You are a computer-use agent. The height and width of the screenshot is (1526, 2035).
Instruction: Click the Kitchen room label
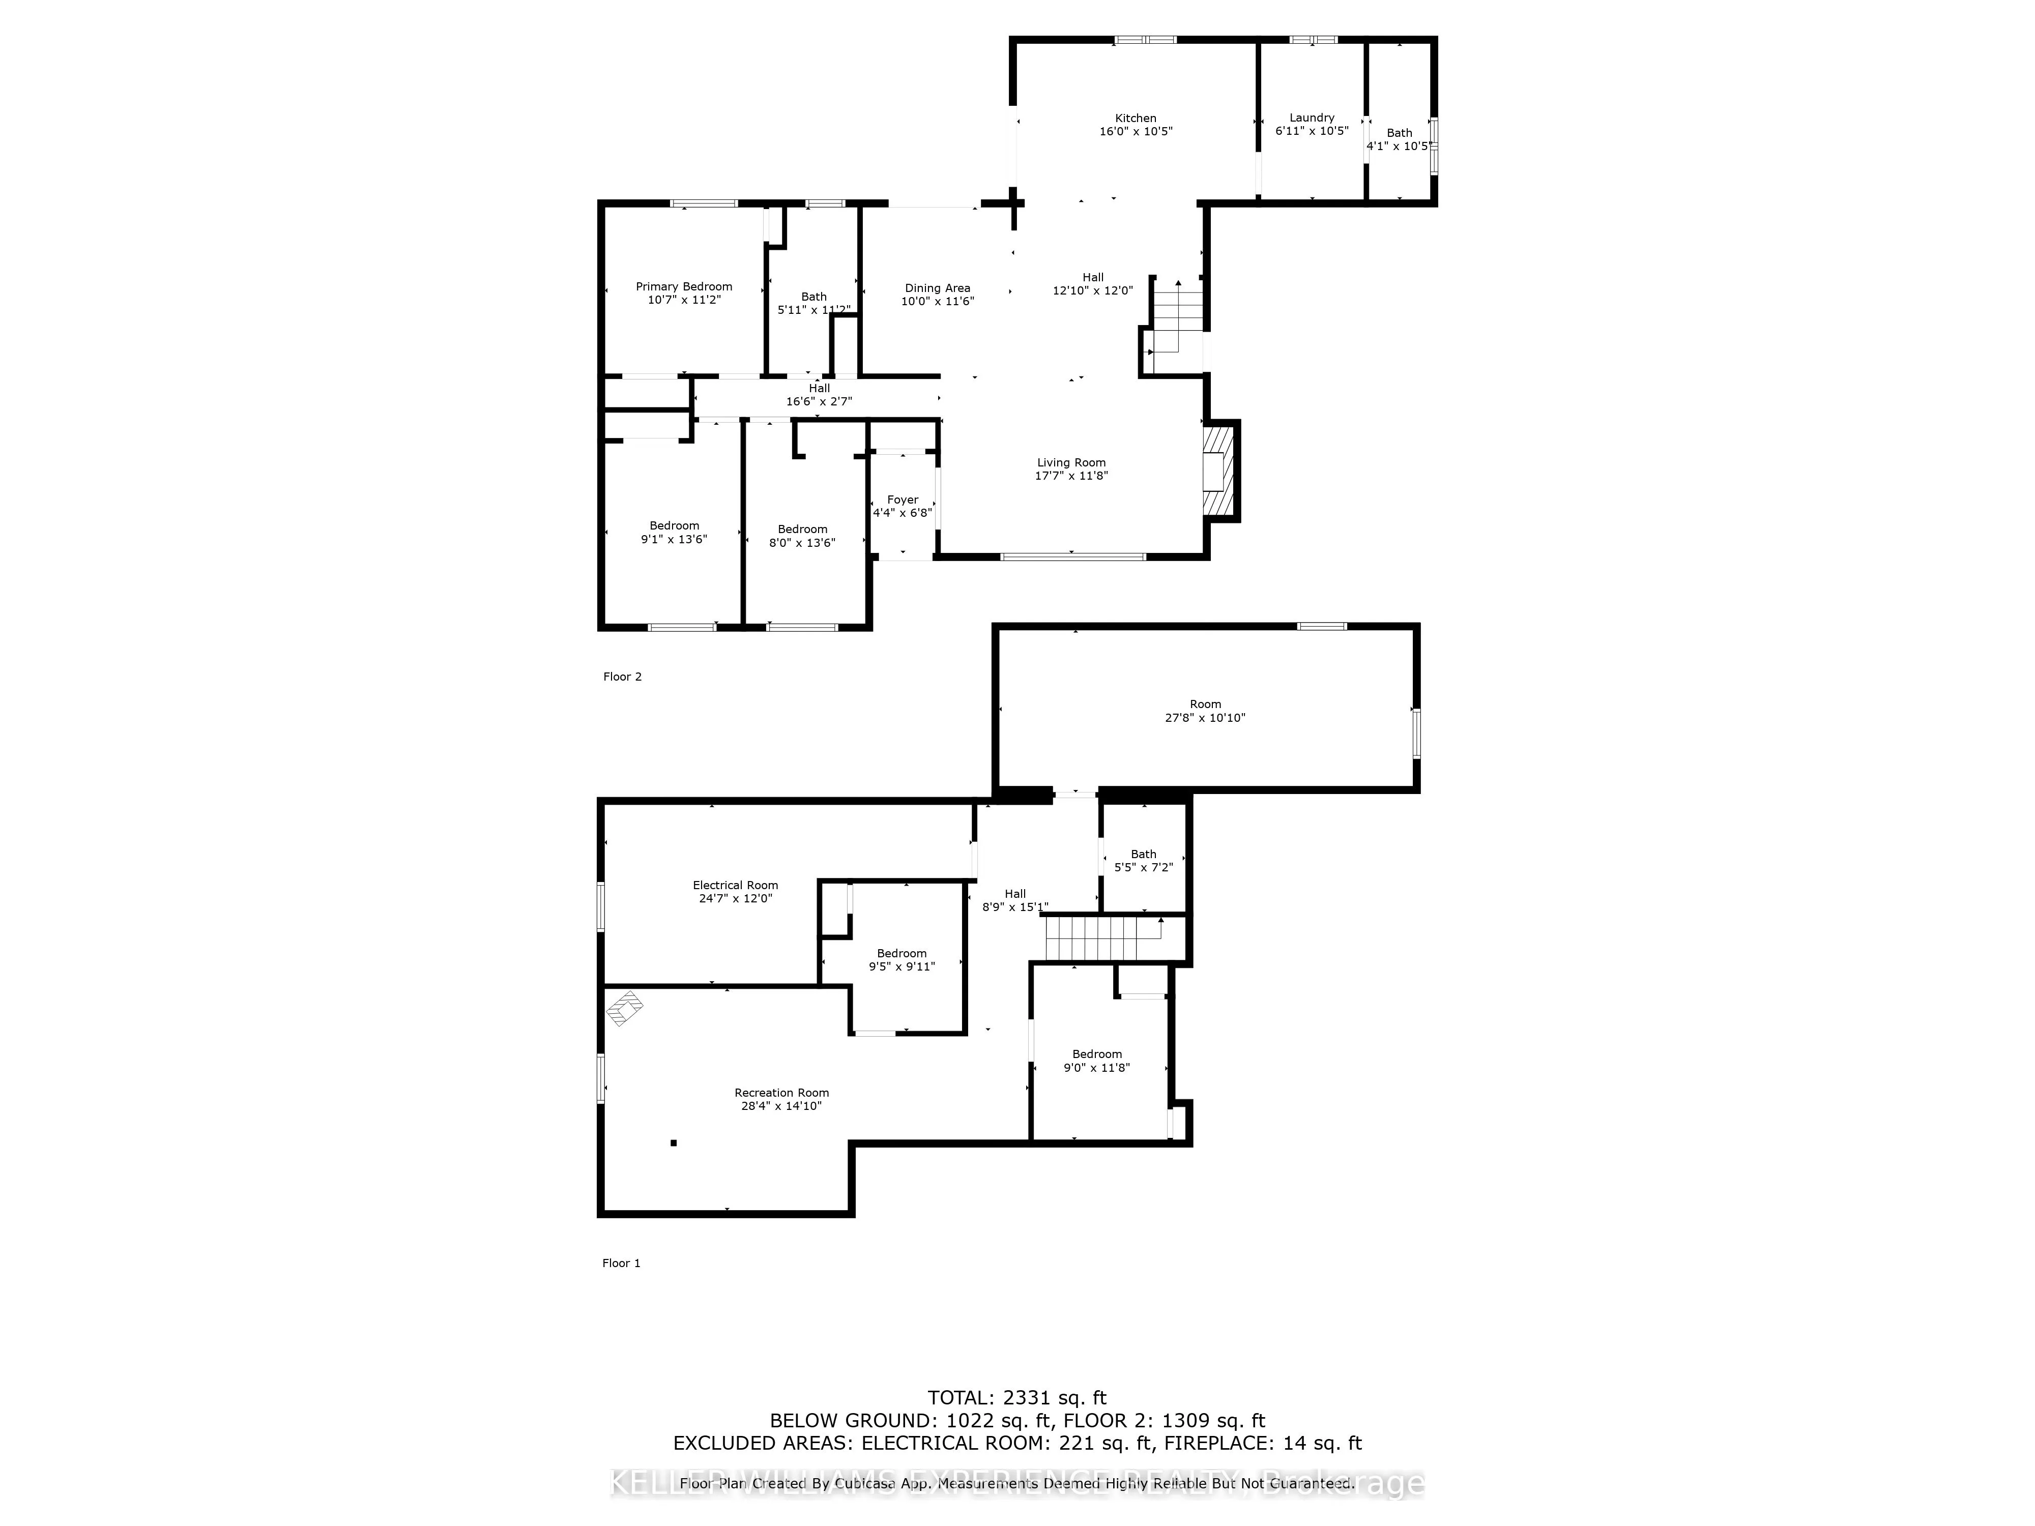tap(1135, 118)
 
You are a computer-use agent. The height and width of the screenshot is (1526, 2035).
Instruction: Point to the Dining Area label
tap(937, 288)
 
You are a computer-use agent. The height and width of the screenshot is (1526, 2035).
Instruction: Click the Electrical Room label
tap(735, 885)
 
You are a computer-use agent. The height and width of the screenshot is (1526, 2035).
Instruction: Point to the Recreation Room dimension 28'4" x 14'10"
tap(781, 1106)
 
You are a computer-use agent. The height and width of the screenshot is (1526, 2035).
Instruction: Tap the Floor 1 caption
tap(621, 1263)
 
